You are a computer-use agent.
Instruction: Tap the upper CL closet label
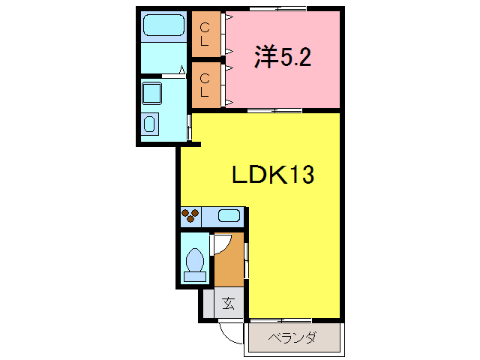204,34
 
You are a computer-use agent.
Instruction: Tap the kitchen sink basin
229,217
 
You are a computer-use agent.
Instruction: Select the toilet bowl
195,261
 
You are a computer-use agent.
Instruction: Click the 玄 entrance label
228,304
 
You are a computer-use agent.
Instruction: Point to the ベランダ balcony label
292,338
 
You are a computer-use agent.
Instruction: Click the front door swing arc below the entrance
229,333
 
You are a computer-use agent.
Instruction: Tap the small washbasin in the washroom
150,123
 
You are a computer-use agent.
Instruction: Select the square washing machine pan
154,93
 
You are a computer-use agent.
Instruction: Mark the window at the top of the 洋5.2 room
277,8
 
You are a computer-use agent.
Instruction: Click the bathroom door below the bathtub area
165,74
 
